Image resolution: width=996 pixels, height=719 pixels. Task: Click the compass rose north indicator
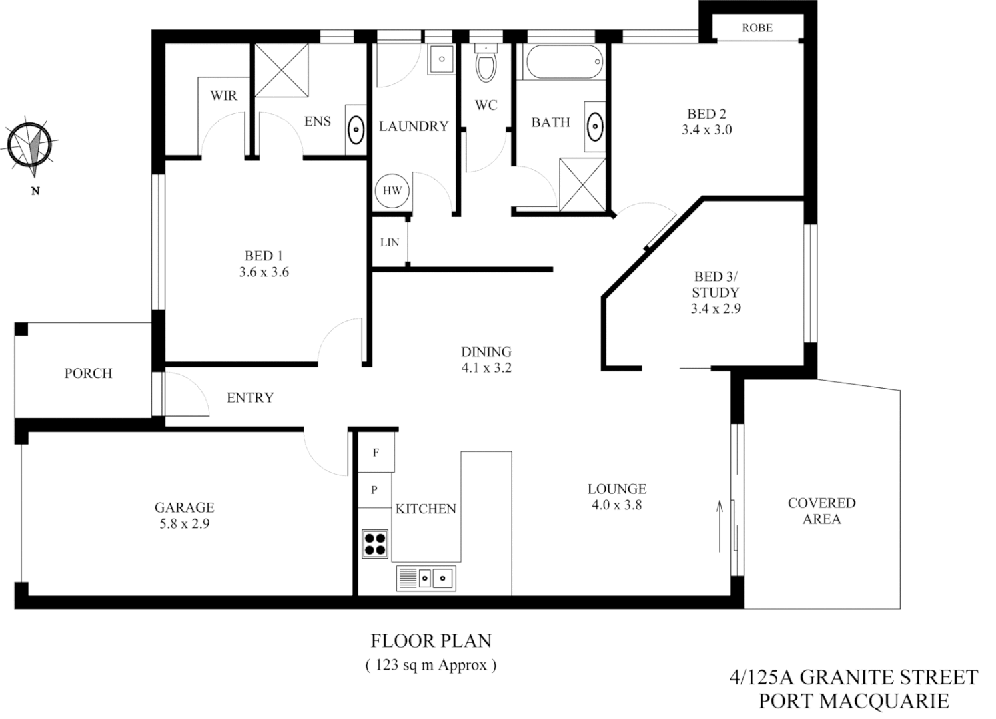30,145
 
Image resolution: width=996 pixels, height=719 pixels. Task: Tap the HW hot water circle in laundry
392,190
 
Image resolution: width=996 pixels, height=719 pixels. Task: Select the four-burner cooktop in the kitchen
376,543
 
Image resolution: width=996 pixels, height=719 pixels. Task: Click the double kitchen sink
426,577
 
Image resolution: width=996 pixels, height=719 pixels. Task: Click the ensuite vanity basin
357,126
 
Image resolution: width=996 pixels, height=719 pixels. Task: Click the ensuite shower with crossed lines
282,69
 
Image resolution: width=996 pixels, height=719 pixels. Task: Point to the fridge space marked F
376,453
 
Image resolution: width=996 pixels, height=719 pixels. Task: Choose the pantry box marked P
374,490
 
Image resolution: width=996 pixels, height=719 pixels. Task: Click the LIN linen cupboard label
390,242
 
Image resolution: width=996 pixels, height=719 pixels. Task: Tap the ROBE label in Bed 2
757,28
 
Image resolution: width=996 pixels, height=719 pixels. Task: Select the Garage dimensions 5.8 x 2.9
184,524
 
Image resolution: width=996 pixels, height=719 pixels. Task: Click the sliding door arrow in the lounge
720,525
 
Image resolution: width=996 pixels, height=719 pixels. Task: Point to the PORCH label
88,373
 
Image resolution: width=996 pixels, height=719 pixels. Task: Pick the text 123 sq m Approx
431,664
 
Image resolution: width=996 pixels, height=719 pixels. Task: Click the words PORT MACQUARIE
853,701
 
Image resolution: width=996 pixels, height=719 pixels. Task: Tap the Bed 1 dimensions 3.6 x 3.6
264,272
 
